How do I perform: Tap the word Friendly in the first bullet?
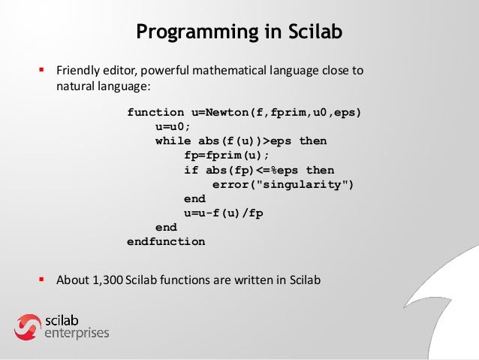click(x=78, y=72)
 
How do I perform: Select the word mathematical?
click(x=224, y=72)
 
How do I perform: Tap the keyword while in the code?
click(x=173, y=141)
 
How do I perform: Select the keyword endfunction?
click(x=166, y=242)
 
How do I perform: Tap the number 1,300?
click(x=107, y=281)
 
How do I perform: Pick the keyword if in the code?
click(x=191, y=170)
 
